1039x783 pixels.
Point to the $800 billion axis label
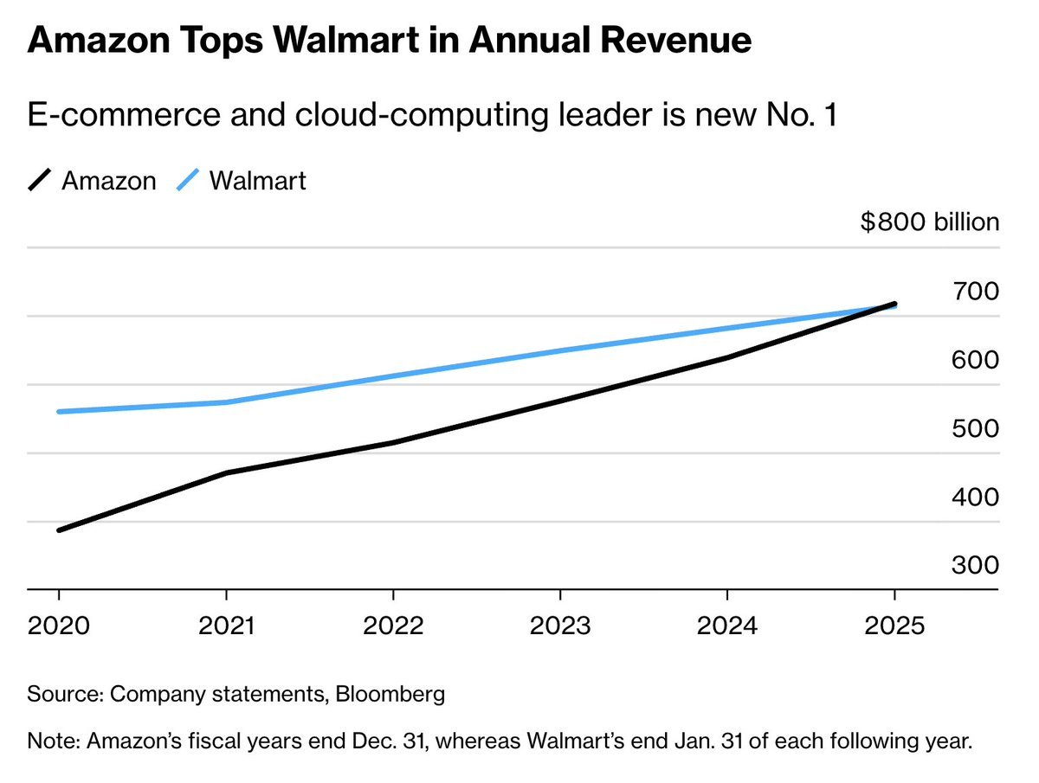(x=930, y=222)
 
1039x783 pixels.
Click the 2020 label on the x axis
(x=59, y=625)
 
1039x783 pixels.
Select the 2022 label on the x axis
(x=393, y=625)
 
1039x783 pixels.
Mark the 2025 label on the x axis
(x=894, y=625)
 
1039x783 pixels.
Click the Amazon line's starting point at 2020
(x=59, y=529)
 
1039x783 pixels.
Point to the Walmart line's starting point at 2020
(x=59, y=411)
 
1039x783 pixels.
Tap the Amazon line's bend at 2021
(x=226, y=472)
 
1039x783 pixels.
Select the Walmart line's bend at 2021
(x=226, y=402)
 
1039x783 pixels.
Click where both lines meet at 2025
(x=894, y=305)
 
